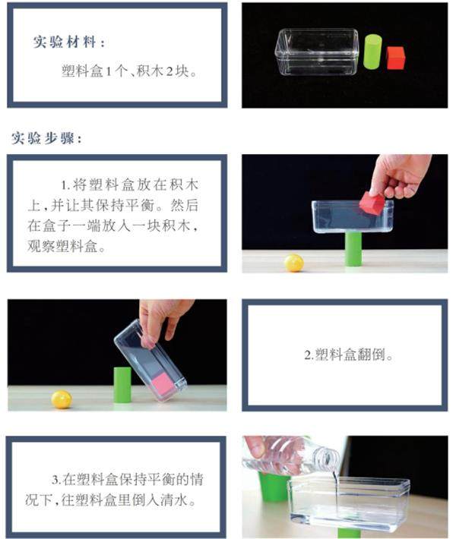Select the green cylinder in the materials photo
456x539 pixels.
(x=372, y=52)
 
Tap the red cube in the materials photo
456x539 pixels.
(x=395, y=58)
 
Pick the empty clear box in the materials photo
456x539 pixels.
(x=317, y=52)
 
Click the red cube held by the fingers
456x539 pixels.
(x=372, y=203)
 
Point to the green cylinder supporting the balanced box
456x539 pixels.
(x=353, y=249)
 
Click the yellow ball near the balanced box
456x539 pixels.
(x=294, y=263)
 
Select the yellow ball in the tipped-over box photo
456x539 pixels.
(x=62, y=399)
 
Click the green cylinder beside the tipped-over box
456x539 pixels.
(x=122, y=385)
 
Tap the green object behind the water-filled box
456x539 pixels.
(x=274, y=487)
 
